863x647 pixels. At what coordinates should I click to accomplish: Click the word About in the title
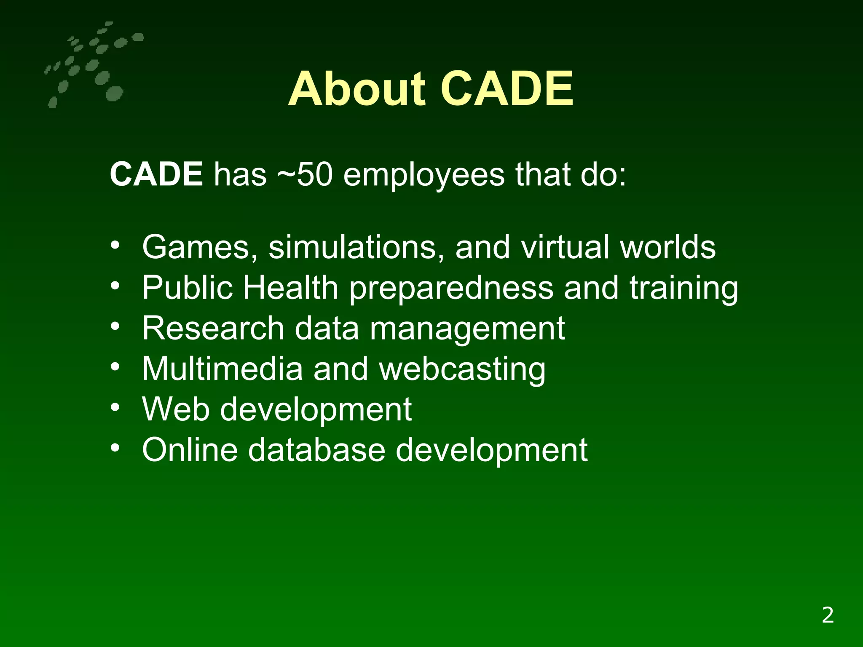[x=356, y=89]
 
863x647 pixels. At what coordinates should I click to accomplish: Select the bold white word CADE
[x=156, y=174]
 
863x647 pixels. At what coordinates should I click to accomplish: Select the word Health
[x=290, y=288]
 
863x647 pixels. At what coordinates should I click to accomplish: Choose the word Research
[x=213, y=328]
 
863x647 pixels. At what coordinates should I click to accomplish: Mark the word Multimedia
[x=222, y=369]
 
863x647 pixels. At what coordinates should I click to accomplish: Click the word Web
[x=176, y=409]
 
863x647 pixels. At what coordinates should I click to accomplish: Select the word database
[x=316, y=450]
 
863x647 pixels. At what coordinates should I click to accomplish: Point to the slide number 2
[x=828, y=615]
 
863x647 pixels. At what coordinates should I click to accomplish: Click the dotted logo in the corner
[x=91, y=65]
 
